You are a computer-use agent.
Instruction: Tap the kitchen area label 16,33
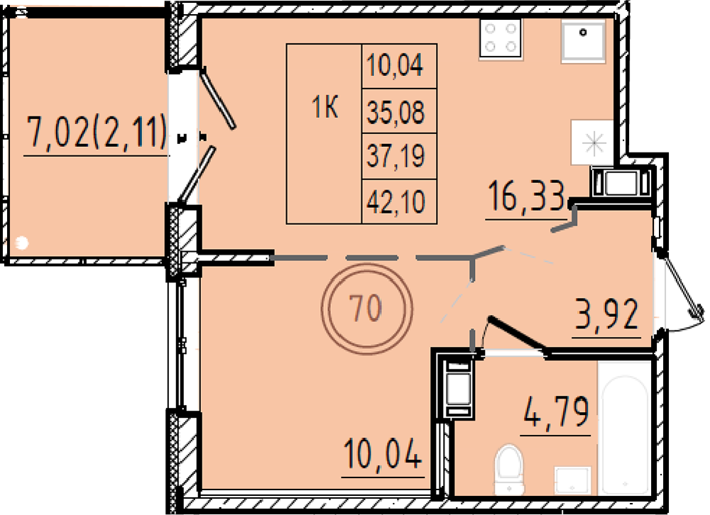[528, 196]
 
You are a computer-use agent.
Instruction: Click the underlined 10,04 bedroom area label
[383, 453]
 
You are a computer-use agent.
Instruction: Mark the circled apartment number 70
[366, 308]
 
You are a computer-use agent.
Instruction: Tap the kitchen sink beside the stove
[583, 40]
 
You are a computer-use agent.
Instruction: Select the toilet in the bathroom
[509, 470]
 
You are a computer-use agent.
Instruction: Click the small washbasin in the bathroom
[572, 480]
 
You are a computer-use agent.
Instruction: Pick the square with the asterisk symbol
[593, 143]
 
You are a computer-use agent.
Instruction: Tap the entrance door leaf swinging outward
[682, 286]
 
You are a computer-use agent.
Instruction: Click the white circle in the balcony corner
[21, 243]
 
